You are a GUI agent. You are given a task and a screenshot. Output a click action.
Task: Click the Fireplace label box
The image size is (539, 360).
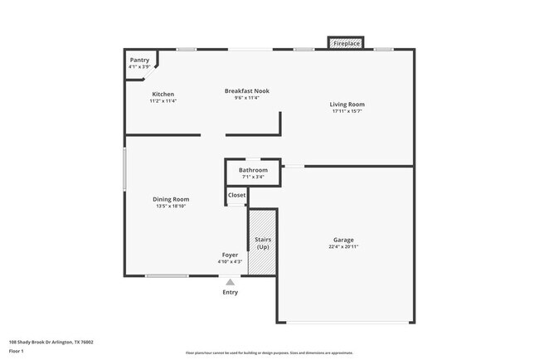tap(347, 42)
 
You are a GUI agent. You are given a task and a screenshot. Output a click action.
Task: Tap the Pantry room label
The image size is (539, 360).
tap(139, 60)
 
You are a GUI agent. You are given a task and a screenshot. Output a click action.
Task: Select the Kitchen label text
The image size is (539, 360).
tap(163, 95)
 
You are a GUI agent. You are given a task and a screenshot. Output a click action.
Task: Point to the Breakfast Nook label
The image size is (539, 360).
tap(246, 90)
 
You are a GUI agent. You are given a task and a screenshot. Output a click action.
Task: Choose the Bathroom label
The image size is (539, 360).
tap(253, 170)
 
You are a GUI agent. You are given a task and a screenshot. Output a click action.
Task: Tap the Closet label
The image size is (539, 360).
tap(237, 195)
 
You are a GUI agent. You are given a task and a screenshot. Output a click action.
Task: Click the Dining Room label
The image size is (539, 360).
tap(171, 199)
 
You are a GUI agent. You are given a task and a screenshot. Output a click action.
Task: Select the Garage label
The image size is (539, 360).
tap(343, 240)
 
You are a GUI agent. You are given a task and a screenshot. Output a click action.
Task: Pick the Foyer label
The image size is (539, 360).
tap(230, 255)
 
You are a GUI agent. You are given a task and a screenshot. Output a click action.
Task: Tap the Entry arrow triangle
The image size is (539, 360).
tap(231, 282)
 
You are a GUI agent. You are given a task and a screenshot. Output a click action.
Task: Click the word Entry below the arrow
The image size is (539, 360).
tap(231, 292)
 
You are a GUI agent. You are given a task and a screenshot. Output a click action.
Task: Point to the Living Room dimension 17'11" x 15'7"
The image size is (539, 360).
tap(347, 111)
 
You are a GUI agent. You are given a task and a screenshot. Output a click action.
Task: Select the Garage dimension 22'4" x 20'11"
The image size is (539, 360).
tap(343, 246)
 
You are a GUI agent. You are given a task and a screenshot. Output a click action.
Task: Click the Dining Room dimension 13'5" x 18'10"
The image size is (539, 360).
tap(171, 206)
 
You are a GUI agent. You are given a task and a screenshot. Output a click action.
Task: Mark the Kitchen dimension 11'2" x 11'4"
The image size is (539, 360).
tap(163, 101)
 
